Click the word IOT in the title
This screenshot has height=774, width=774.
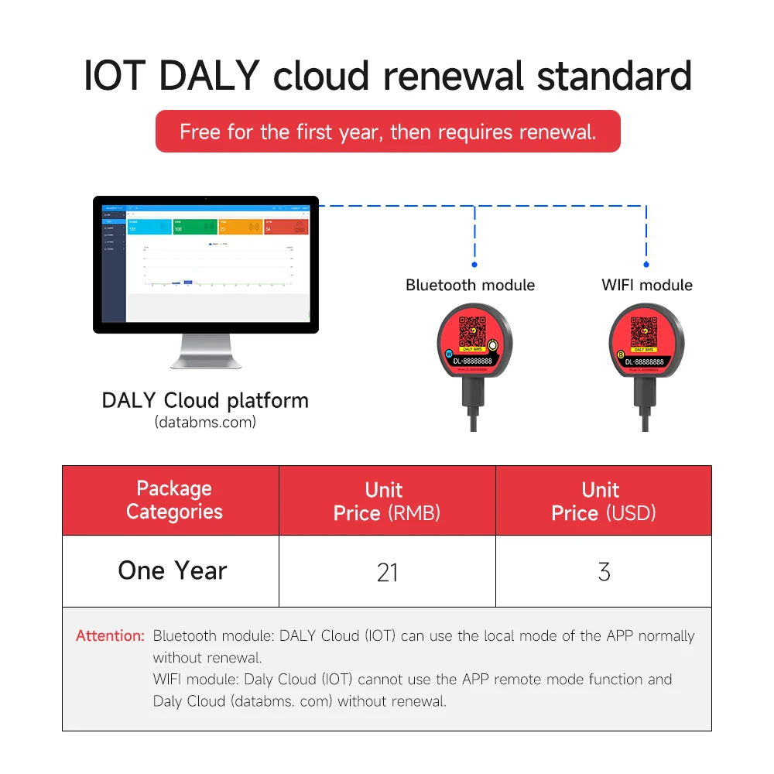point(115,76)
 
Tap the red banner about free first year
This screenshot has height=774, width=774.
point(388,132)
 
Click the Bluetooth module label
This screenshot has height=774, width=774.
point(470,285)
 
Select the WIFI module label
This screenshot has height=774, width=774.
point(646,285)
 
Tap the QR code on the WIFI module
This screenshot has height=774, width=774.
point(644,332)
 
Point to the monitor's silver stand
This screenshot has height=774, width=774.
point(205,351)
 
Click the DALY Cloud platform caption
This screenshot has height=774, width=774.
point(205,401)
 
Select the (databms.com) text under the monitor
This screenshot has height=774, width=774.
point(205,423)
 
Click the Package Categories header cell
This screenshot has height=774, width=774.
point(174,500)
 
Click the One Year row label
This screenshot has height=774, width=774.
point(172,571)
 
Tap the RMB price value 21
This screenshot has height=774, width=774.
point(387,573)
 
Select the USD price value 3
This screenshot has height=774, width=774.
point(604,573)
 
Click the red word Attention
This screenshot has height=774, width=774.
point(110,636)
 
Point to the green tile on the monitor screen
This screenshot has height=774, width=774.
point(194,227)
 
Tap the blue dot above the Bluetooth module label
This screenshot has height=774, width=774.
point(474,265)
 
